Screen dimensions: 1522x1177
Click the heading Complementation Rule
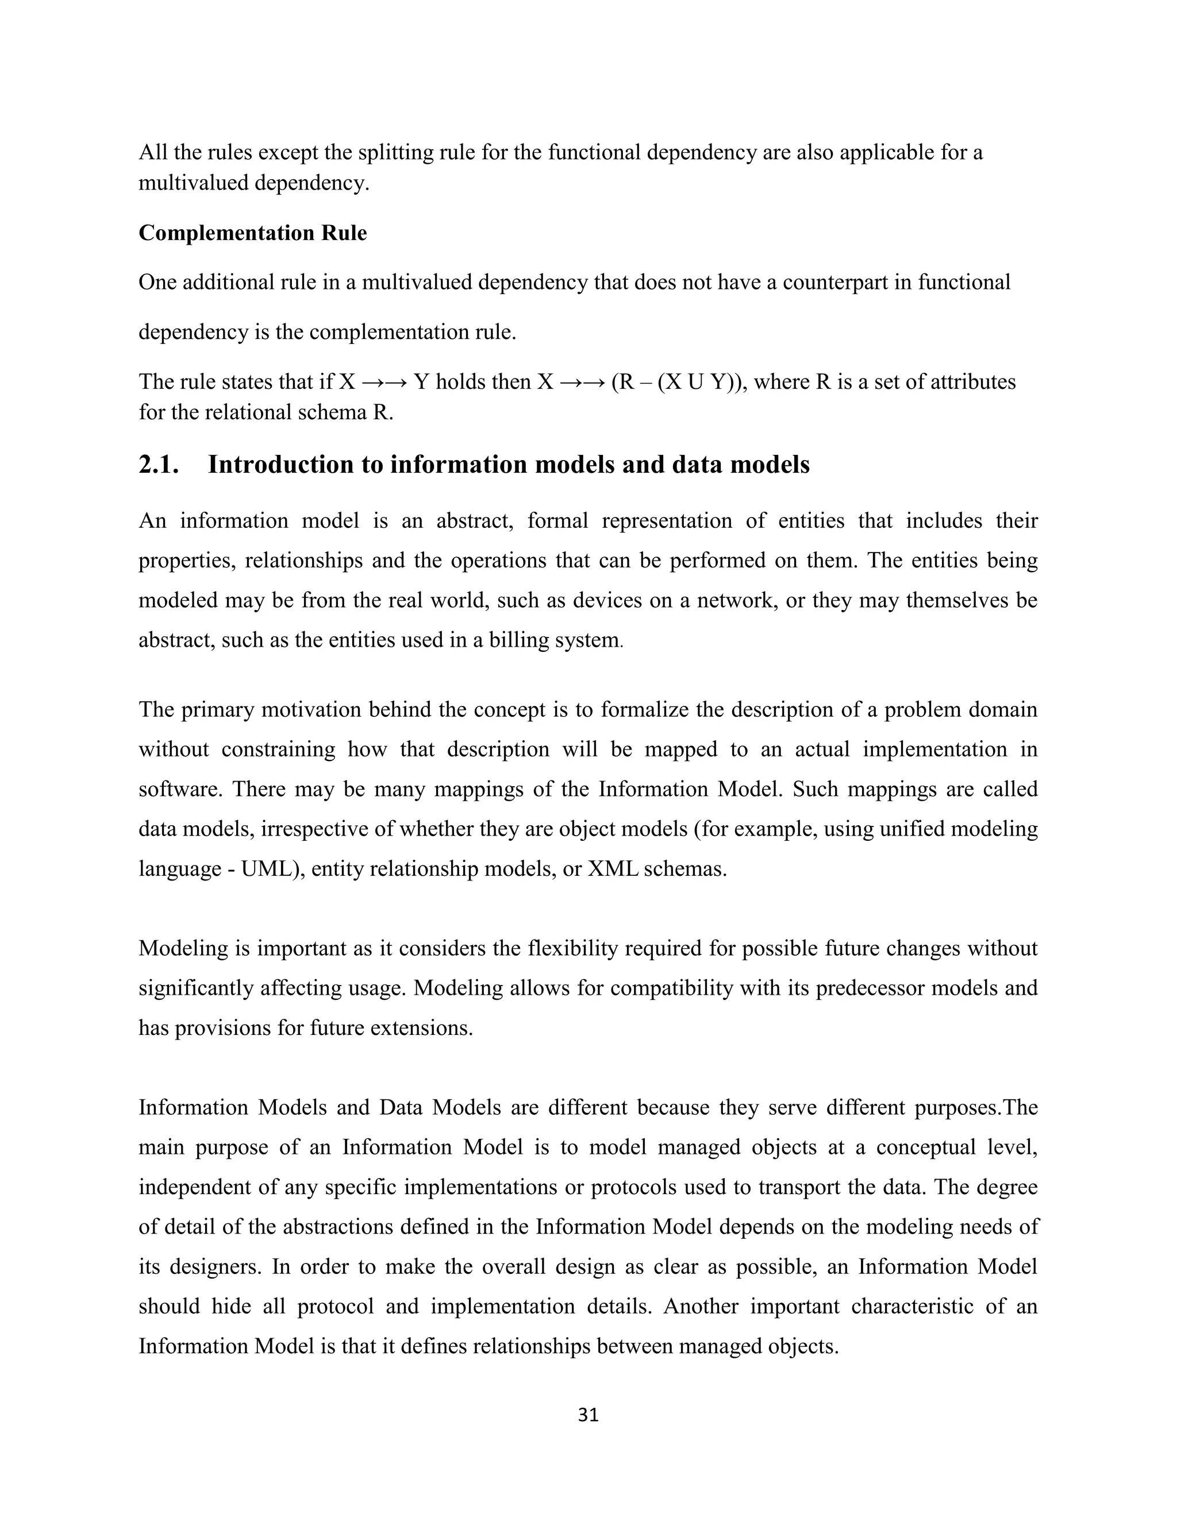pyautogui.click(x=252, y=233)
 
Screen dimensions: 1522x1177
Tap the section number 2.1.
pyautogui.click(x=159, y=465)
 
